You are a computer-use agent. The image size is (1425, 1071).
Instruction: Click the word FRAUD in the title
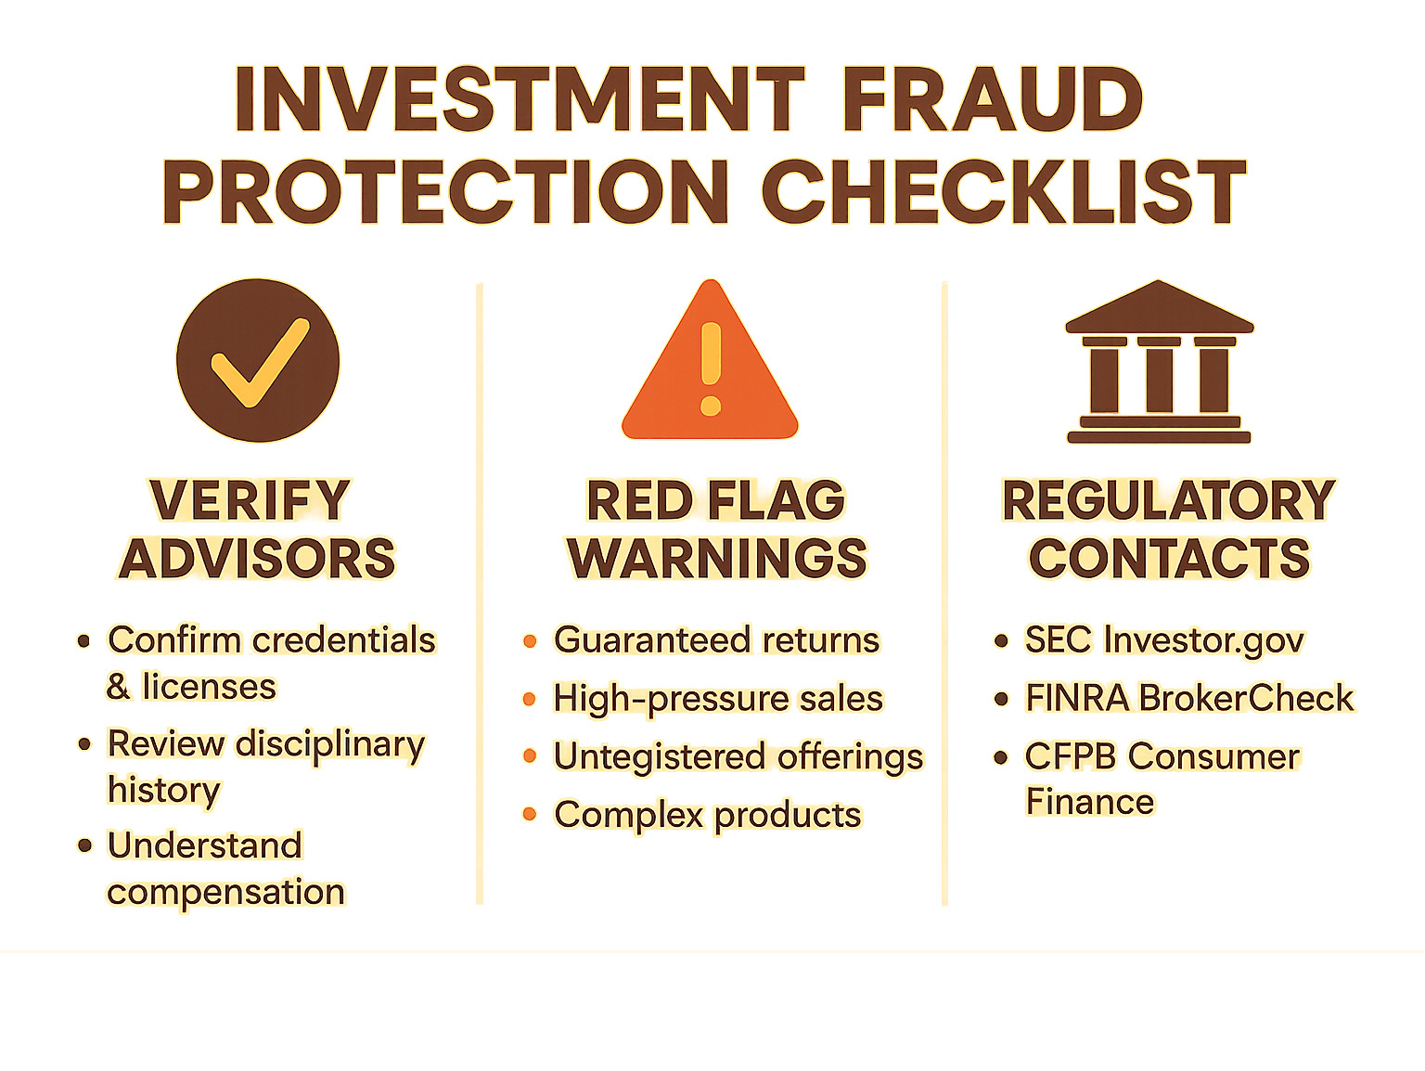(x=992, y=99)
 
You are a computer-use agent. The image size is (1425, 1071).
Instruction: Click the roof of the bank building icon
(x=1159, y=308)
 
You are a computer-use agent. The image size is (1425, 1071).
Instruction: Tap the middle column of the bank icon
(x=1159, y=377)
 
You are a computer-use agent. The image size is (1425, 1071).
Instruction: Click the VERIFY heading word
(x=250, y=501)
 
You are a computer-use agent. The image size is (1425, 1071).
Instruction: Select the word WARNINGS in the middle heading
(x=716, y=559)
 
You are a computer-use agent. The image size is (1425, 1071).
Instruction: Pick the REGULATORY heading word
(x=1168, y=501)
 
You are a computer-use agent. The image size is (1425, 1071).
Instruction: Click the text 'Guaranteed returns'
(x=716, y=640)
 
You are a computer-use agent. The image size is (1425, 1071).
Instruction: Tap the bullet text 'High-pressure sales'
(x=718, y=699)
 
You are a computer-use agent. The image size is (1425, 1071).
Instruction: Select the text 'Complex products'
(x=708, y=815)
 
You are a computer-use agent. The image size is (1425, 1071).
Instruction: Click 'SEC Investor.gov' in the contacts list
(x=1164, y=640)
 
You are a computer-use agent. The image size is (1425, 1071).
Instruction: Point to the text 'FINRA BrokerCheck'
(x=1188, y=699)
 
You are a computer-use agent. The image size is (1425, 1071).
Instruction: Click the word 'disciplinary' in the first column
(x=330, y=744)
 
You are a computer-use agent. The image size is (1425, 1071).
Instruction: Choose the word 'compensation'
(x=226, y=892)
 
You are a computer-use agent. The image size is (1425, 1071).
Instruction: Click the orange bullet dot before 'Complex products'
(x=530, y=815)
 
